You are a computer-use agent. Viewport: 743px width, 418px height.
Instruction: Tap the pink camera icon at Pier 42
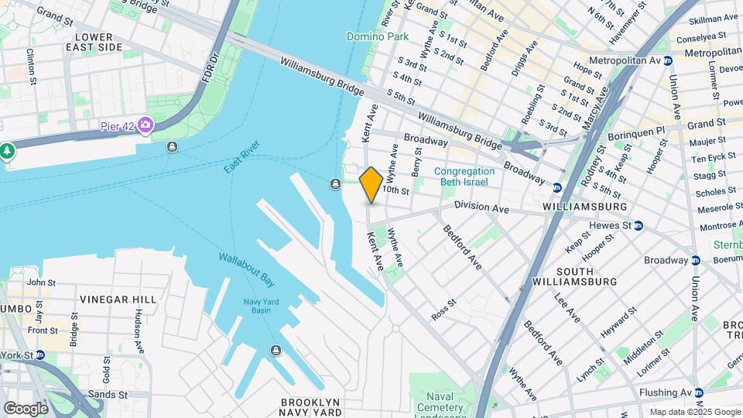[x=146, y=125]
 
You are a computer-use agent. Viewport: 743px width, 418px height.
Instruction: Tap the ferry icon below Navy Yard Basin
[x=276, y=351]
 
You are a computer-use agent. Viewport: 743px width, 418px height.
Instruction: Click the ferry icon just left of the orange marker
[x=335, y=183]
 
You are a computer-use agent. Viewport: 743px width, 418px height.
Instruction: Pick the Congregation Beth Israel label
[x=464, y=176]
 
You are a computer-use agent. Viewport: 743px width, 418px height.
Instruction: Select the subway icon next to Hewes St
[x=639, y=225]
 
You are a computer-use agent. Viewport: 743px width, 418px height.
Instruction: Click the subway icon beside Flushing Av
[x=698, y=393]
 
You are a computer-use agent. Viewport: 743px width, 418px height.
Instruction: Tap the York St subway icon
[x=37, y=355]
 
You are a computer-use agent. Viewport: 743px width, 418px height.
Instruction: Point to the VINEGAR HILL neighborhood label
[x=118, y=299]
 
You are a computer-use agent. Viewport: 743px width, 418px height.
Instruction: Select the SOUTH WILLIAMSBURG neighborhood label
[x=585, y=276]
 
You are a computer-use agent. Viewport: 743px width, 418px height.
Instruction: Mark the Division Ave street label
[x=481, y=207]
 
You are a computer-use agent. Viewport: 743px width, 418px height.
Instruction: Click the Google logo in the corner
[x=26, y=408]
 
